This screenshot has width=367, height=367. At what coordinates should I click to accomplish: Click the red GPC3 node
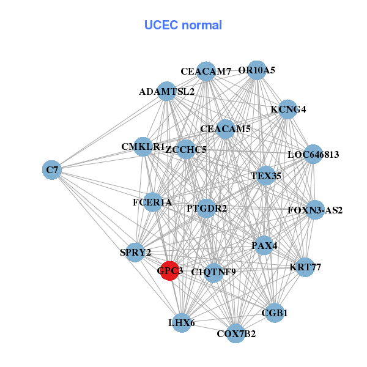[169, 270]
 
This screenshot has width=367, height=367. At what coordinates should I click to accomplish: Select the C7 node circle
[52, 169]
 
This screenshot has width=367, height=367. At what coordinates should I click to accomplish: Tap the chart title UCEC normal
[183, 25]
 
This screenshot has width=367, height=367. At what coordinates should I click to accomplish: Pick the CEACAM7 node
[206, 71]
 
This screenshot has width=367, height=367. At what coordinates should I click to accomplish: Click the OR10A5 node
[258, 70]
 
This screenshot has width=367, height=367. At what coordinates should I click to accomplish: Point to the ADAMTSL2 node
[166, 92]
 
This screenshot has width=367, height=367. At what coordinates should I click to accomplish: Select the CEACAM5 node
[225, 129]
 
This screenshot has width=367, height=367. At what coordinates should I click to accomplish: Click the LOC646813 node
[313, 154]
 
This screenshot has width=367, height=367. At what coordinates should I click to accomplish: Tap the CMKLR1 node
[143, 147]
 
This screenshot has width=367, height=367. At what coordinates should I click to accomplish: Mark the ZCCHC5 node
[187, 149]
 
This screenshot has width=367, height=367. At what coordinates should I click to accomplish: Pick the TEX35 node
[265, 176]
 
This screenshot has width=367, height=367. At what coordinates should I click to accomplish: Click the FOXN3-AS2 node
[314, 210]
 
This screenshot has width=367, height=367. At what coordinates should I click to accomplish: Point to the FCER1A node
[152, 202]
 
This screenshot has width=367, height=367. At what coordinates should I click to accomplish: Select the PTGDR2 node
[207, 209]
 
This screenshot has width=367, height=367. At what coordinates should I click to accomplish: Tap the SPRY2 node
[135, 251]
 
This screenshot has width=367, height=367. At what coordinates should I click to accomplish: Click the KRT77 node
[305, 267]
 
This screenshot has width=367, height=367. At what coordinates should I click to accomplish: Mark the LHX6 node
[181, 322]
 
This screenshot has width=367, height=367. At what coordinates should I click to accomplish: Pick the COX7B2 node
[235, 333]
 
